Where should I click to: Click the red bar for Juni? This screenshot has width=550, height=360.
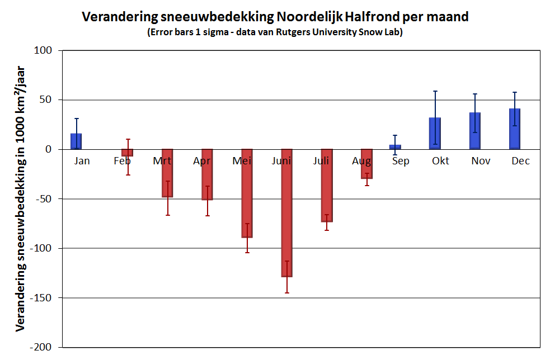(x=286, y=212)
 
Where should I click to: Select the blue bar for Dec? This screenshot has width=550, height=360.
(x=515, y=129)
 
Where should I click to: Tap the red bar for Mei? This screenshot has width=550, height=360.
(x=247, y=193)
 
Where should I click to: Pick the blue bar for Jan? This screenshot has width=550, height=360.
(x=76, y=141)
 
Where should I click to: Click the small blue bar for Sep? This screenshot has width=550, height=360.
(x=395, y=147)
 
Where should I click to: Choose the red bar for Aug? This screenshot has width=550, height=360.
(x=366, y=164)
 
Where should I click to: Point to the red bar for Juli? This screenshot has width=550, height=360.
(x=327, y=185)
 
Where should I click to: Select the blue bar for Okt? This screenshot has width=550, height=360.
(x=435, y=134)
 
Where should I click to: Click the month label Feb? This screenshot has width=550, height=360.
(x=122, y=161)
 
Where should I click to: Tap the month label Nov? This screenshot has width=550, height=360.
(x=481, y=161)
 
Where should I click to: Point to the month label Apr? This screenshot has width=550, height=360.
(x=201, y=161)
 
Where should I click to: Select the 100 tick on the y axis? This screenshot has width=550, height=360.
(x=44, y=51)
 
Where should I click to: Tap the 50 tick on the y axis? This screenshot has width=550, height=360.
(x=46, y=100)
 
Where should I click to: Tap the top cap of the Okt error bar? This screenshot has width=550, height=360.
(x=435, y=91)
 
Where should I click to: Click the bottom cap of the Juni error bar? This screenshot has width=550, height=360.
(x=286, y=293)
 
